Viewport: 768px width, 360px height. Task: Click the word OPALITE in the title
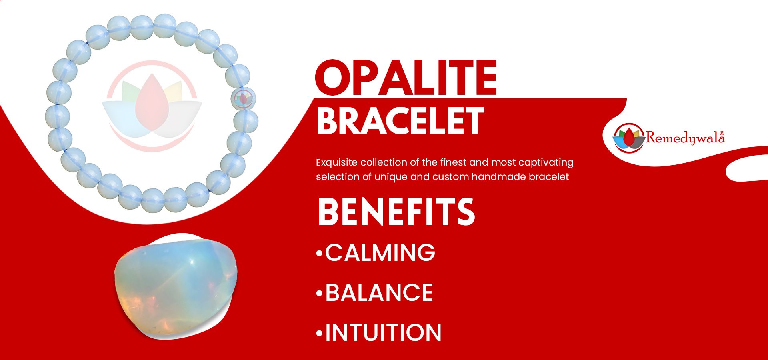[406, 78]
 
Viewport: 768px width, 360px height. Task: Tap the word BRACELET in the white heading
[400, 121]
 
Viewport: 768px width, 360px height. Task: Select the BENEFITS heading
[396, 212]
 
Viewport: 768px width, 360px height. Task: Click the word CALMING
[380, 252]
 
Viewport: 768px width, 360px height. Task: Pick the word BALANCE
[379, 292]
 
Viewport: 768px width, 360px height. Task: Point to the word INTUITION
[383, 332]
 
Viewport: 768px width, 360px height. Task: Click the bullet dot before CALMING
[319, 253]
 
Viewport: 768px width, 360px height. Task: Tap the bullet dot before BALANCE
[319, 294]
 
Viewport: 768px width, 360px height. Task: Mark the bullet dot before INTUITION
[319, 333]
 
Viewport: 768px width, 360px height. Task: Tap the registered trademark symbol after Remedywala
[722, 133]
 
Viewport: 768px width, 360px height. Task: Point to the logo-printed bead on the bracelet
[244, 98]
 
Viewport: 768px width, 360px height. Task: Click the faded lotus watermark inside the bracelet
[152, 106]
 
